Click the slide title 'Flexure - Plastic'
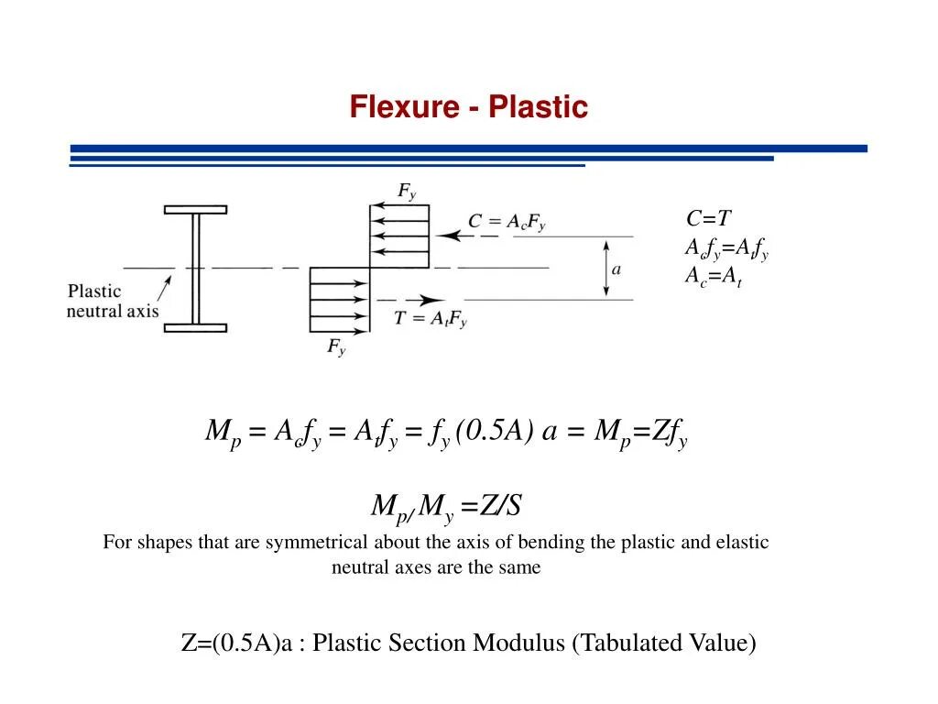point(468,107)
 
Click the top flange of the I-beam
point(195,210)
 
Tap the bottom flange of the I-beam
point(195,325)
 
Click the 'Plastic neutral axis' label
point(112,302)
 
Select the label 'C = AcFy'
point(507,222)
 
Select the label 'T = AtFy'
point(431,319)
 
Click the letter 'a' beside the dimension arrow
point(616,269)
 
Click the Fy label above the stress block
point(407,192)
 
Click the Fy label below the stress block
point(336,347)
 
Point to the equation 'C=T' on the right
point(708,219)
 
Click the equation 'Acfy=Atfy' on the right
point(726,248)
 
